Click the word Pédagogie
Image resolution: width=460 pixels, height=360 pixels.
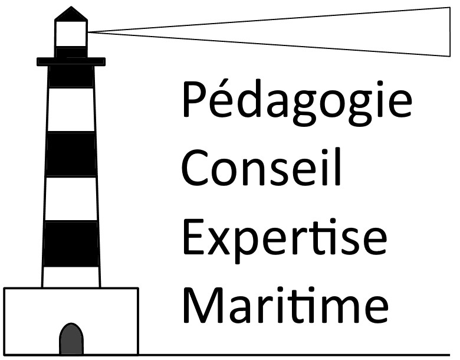point(297,103)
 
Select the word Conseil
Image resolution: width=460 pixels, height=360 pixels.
point(261,168)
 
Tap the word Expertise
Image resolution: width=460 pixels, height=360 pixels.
point(285,241)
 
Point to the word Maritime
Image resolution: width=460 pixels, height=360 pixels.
point(286,305)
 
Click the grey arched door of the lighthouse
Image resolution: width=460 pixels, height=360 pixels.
point(71,339)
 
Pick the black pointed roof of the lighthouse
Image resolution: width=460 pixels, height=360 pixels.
point(71,14)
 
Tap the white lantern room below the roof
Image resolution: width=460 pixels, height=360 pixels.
point(71,34)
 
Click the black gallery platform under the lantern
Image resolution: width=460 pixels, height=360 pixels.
point(71,61)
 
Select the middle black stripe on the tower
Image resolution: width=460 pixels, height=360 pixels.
point(71,154)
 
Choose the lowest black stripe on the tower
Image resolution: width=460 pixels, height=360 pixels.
point(71,244)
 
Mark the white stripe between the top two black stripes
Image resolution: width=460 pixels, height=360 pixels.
point(71,110)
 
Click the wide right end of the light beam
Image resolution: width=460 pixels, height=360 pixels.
point(450,32)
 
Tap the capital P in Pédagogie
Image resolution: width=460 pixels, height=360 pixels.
point(195,99)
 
